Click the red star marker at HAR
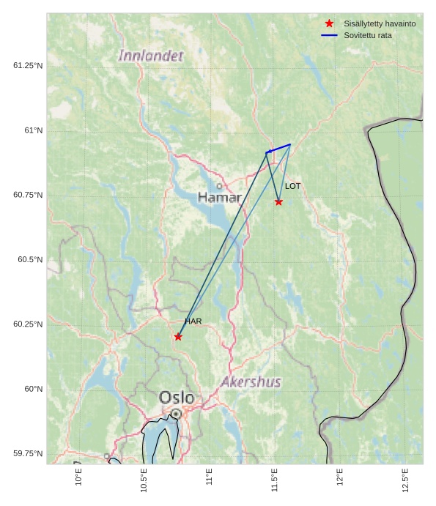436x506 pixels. [x=178, y=337]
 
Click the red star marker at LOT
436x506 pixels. [x=278, y=202]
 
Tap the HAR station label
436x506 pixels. [x=193, y=321]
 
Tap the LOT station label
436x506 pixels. [x=292, y=186]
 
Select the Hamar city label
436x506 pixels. [x=220, y=198]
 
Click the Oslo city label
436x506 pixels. [x=177, y=398]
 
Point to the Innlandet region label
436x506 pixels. [x=151, y=56]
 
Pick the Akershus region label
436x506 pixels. [x=251, y=382]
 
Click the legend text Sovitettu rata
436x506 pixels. [x=367, y=35]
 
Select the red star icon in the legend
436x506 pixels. [x=329, y=23]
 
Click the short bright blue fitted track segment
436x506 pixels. [x=278, y=149]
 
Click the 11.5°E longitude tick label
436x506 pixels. [x=275, y=480]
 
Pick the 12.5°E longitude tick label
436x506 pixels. [x=405, y=480]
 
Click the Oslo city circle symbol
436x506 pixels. [x=176, y=414]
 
